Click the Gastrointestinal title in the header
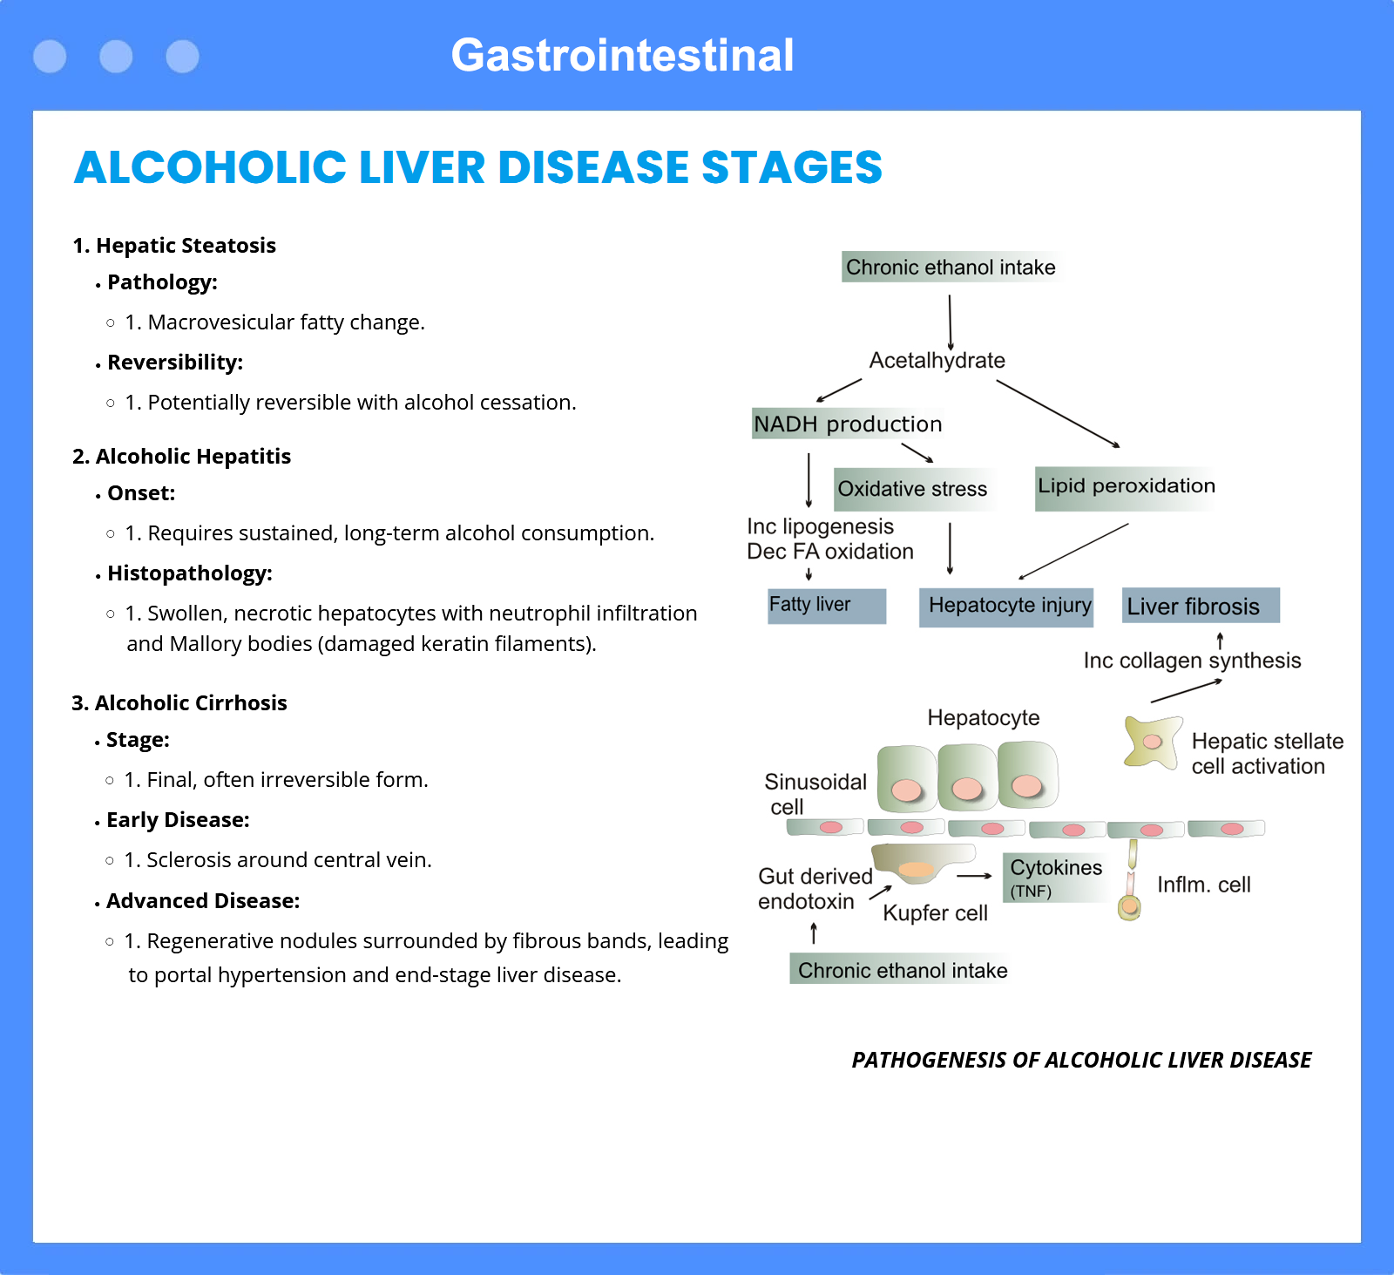pos(622,56)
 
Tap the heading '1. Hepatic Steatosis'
pos(174,246)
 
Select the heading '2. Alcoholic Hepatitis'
pos(181,457)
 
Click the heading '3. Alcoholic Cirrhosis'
pos(179,703)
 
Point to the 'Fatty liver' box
pos(826,606)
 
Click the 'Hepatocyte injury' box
pos(1009,607)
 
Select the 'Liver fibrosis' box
pos(1200,606)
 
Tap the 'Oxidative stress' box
pos(912,489)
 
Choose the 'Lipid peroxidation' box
pos(1126,487)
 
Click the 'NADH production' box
pos(847,424)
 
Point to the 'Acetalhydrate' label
pos(937,361)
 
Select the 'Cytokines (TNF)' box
pos(1054,877)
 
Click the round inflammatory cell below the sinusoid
pos(1129,908)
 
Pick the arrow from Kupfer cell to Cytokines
pos(974,876)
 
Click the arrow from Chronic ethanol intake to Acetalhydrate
pos(950,322)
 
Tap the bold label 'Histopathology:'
pos(189,573)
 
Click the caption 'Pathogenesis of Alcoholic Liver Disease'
pos(1081,1060)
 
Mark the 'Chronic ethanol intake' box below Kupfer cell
pos(902,970)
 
